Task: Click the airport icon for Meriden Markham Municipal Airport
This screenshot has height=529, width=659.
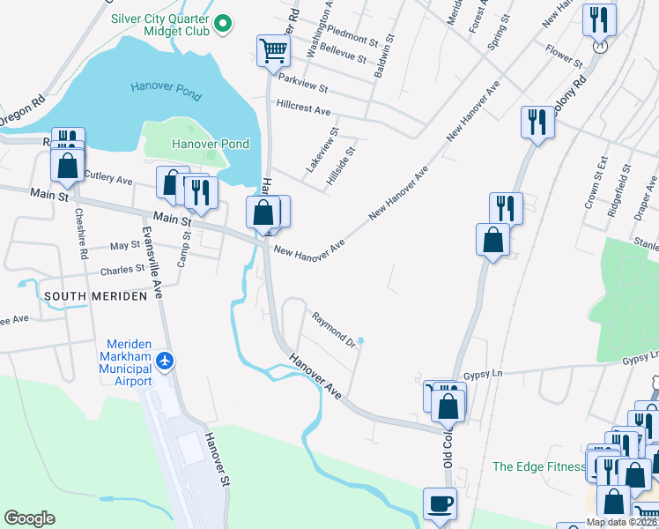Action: coord(165,361)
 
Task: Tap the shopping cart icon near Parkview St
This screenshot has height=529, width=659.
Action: coord(273,50)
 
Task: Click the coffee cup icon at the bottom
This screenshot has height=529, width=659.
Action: coord(440,504)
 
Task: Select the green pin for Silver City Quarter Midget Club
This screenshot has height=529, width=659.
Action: coord(224,23)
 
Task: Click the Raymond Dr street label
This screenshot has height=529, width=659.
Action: coord(331,328)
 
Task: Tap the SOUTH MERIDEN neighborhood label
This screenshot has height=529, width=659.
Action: coord(95,296)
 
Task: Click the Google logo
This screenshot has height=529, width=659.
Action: coord(29,518)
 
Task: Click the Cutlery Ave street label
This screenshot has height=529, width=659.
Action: coord(107,180)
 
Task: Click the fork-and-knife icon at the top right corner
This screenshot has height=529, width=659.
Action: coord(599,20)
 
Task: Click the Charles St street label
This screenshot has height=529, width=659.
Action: coord(122,270)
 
